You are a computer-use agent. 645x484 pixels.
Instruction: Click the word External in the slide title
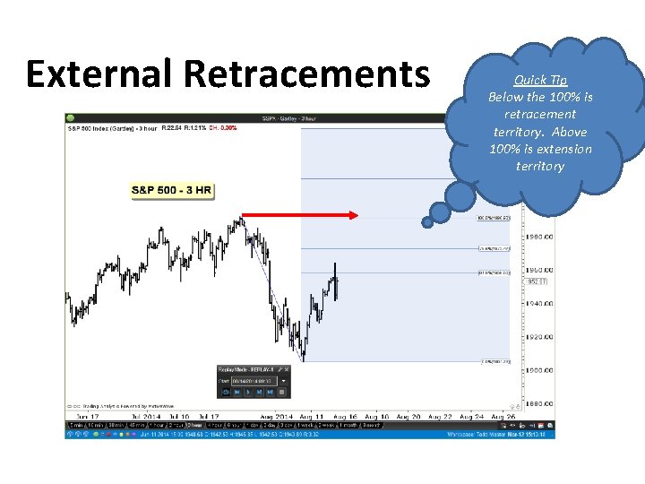(x=99, y=73)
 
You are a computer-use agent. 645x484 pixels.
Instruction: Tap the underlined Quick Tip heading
(x=540, y=80)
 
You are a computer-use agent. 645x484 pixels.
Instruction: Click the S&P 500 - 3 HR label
(x=171, y=191)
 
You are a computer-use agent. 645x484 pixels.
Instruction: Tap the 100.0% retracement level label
(x=493, y=217)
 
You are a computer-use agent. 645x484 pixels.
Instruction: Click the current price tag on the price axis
(x=537, y=281)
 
